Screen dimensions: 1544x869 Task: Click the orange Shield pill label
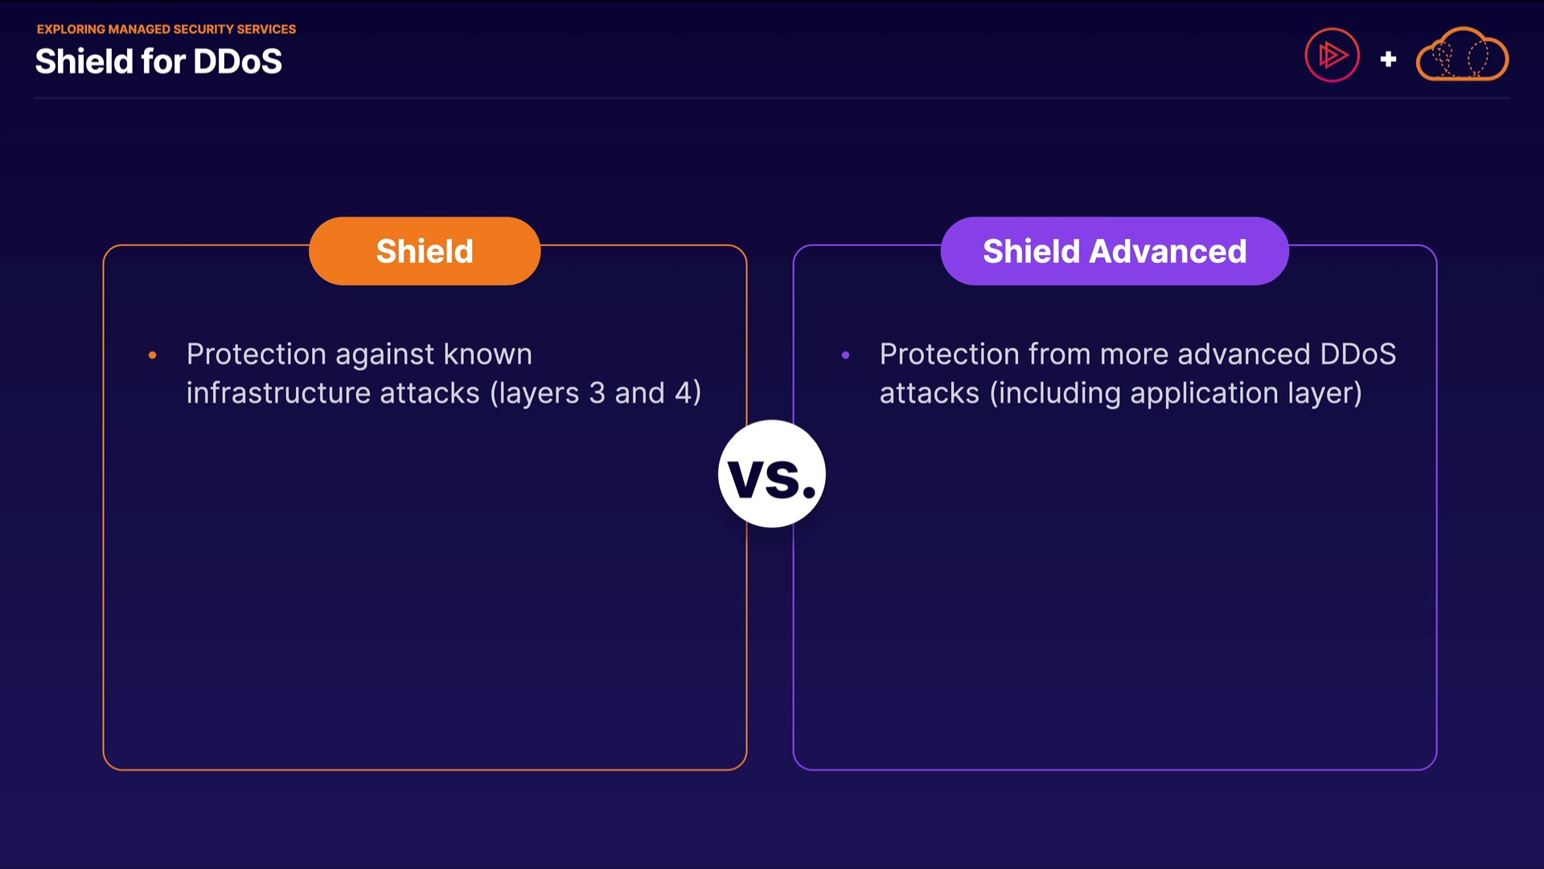pyautogui.click(x=425, y=251)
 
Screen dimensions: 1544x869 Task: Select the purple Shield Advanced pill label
pyautogui.click(x=1115, y=251)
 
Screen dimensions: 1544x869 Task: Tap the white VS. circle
pyautogui.click(x=772, y=474)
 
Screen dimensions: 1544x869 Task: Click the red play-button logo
pyautogui.click(x=1332, y=56)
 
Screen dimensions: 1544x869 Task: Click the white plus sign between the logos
pyautogui.click(x=1388, y=59)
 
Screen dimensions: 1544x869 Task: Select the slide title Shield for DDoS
pyautogui.click(x=158, y=62)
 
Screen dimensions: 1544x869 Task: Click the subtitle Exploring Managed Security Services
pyautogui.click(x=166, y=29)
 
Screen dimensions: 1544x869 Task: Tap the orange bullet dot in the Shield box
pyautogui.click(x=152, y=355)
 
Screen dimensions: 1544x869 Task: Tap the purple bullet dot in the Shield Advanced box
pyautogui.click(x=845, y=355)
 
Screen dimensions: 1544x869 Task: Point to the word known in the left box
pyautogui.click(x=487, y=354)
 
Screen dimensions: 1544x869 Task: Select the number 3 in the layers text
pyautogui.click(x=597, y=393)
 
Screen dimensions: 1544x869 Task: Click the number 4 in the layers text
pyautogui.click(x=683, y=393)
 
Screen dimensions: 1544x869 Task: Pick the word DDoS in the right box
pyautogui.click(x=1357, y=354)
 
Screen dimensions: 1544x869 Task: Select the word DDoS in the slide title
pyautogui.click(x=238, y=62)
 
